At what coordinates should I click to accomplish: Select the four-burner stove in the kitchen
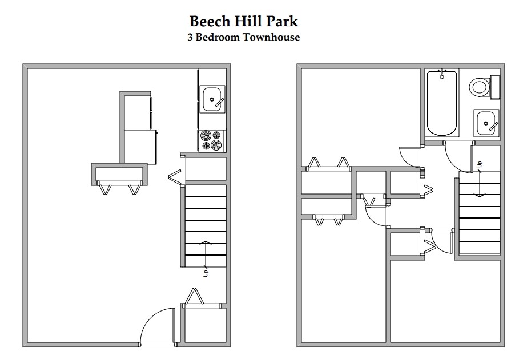[212, 140]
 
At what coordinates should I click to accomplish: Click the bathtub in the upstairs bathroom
[442, 103]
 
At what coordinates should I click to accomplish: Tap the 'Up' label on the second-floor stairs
[480, 164]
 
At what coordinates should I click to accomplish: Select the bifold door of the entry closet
[196, 297]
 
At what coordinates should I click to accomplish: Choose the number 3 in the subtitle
[190, 38]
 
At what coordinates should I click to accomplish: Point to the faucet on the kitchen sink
[217, 102]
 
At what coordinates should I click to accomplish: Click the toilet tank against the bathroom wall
[495, 87]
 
